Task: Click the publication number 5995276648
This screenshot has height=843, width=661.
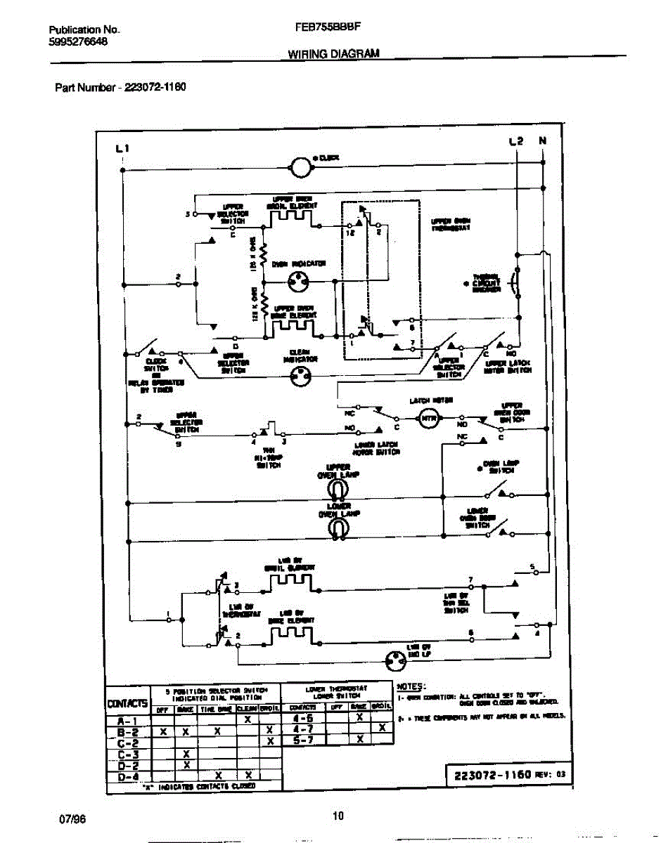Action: pyautogui.click(x=78, y=41)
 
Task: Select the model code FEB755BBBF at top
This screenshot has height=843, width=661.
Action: pyautogui.click(x=325, y=29)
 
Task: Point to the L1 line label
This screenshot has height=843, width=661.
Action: pyautogui.click(x=122, y=148)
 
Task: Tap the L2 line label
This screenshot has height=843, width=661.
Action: pyautogui.click(x=516, y=141)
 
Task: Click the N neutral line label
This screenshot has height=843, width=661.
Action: pyautogui.click(x=542, y=141)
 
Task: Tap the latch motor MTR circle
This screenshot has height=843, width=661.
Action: pyautogui.click(x=428, y=420)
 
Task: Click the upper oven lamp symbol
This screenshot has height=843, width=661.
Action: pyautogui.click(x=338, y=489)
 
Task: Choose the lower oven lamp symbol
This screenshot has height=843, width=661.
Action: pyautogui.click(x=338, y=528)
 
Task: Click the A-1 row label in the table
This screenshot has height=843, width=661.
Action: pyautogui.click(x=127, y=720)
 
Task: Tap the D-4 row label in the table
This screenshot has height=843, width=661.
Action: pyautogui.click(x=127, y=776)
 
